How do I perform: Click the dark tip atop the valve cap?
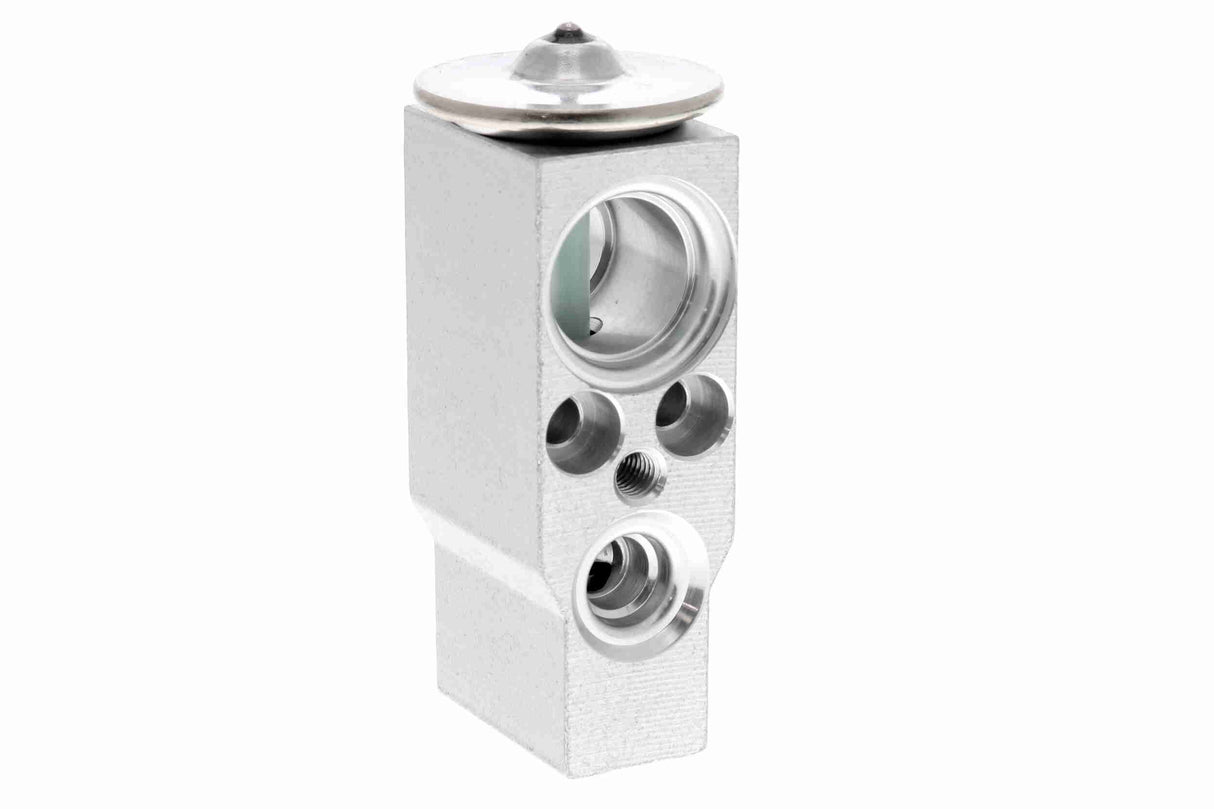pyautogui.click(x=568, y=30)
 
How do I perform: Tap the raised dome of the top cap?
pyautogui.click(x=568, y=58)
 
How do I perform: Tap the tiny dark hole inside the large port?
pyautogui.click(x=595, y=323)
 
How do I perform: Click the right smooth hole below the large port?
pyautogui.click(x=692, y=412)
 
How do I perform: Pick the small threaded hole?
pyautogui.click(x=639, y=476)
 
